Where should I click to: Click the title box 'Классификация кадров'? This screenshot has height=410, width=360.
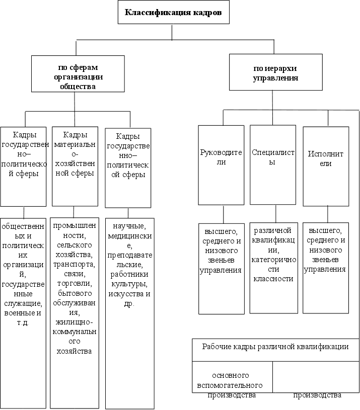[173, 12]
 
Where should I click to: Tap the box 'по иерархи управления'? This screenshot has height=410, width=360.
[274, 73]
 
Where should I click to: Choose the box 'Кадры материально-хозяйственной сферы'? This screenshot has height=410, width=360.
[75, 166]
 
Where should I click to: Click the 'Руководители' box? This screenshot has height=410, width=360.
[221, 165]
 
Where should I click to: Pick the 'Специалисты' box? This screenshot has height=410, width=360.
[272, 165]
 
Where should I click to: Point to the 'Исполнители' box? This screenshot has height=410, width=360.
[325, 165]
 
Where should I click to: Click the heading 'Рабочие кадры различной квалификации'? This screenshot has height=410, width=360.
[275, 347]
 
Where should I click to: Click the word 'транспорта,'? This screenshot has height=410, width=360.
[75, 265]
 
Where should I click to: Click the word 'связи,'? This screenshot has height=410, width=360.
[75, 274]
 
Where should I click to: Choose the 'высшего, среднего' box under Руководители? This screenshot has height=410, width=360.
[221, 252]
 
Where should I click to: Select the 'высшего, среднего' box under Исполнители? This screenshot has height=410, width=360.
[325, 252]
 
